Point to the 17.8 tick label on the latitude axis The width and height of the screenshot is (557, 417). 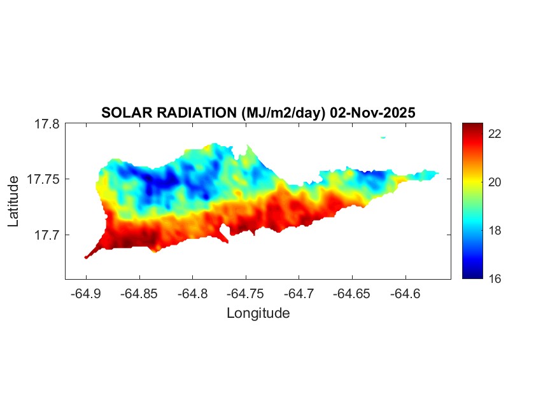(x=46, y=124)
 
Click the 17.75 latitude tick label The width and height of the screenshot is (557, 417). (x=43, y=179)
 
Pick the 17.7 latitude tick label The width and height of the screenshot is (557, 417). (x=46, y=235)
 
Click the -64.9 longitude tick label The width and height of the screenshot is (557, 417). (x=86, y=294)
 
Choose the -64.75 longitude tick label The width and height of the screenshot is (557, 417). (x=244, y=294)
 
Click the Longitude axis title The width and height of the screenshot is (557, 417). (x=258, y=313)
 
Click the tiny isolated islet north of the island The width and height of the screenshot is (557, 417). (x=383, y=137)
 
